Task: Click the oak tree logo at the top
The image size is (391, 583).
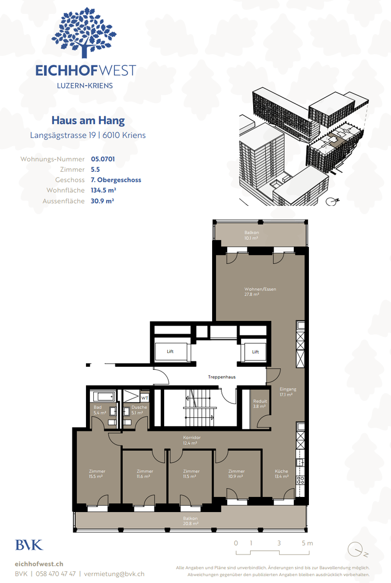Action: click(x=85, y=33)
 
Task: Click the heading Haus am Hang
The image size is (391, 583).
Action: click(x=88, y=120)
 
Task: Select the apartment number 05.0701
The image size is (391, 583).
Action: click(x=103, y=159)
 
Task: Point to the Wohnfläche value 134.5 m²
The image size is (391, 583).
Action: click(x=103, y=190)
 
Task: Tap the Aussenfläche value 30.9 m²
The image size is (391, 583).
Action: click(x=102, y=201)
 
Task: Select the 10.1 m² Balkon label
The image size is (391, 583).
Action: click(x=252, y=236)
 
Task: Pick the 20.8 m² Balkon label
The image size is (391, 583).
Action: click(x=190, y=521)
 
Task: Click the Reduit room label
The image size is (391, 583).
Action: click(x=259, y=403)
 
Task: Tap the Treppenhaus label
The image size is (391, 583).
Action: click(x=221, y=377)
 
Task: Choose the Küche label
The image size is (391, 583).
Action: click(x=282, y=474)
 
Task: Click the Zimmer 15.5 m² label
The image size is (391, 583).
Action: click(x=97, y=474)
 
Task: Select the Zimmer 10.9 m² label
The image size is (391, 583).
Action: click(x=236, y=474)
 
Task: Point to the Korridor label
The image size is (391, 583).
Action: click(x=190, y=440)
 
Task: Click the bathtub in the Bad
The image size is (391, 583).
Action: click(x=103, y=396)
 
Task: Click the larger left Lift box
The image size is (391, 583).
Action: click(x=169, y=351)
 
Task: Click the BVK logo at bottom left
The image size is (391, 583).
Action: click(x=29, y=544)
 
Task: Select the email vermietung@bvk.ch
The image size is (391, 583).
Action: click(x=114, y=574)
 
